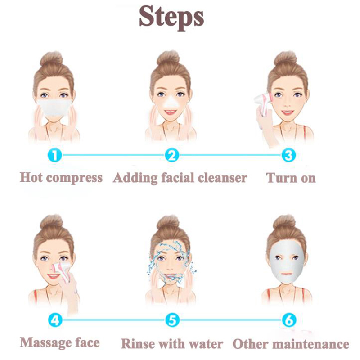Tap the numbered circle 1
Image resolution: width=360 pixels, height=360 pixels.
pos(55,155)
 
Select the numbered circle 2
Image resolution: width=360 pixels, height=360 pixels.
pos(172,155)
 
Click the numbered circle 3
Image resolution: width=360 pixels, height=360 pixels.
pos(288,155)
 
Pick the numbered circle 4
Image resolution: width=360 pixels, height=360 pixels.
pos(55,320)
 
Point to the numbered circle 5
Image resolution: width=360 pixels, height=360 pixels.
pos(172,320)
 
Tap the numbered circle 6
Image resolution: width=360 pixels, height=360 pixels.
pos(289,320)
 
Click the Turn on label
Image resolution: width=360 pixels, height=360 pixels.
pos(291,178)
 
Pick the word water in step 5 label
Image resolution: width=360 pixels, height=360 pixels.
pos(206,344)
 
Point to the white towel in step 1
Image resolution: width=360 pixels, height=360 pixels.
pos(54,108)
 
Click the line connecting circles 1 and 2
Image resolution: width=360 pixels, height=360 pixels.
pos(113,155)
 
